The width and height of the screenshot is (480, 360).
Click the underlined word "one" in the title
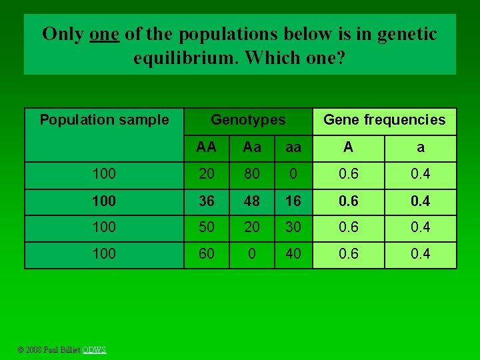104,34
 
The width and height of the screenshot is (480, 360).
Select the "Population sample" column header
104,120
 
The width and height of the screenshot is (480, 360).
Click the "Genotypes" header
248,120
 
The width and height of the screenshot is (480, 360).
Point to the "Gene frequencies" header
384,120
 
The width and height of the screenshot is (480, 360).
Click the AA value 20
207,175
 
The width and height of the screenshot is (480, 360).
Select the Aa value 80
252,175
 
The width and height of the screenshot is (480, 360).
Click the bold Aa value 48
252,201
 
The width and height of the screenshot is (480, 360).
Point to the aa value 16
293,201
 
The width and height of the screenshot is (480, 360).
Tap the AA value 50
207,227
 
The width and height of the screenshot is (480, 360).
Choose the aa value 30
293,227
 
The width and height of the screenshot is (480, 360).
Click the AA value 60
207,254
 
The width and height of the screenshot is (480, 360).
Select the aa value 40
293,254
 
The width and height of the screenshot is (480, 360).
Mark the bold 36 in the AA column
207,201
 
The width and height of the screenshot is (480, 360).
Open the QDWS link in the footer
94,350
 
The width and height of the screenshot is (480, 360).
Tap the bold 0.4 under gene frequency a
421,201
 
